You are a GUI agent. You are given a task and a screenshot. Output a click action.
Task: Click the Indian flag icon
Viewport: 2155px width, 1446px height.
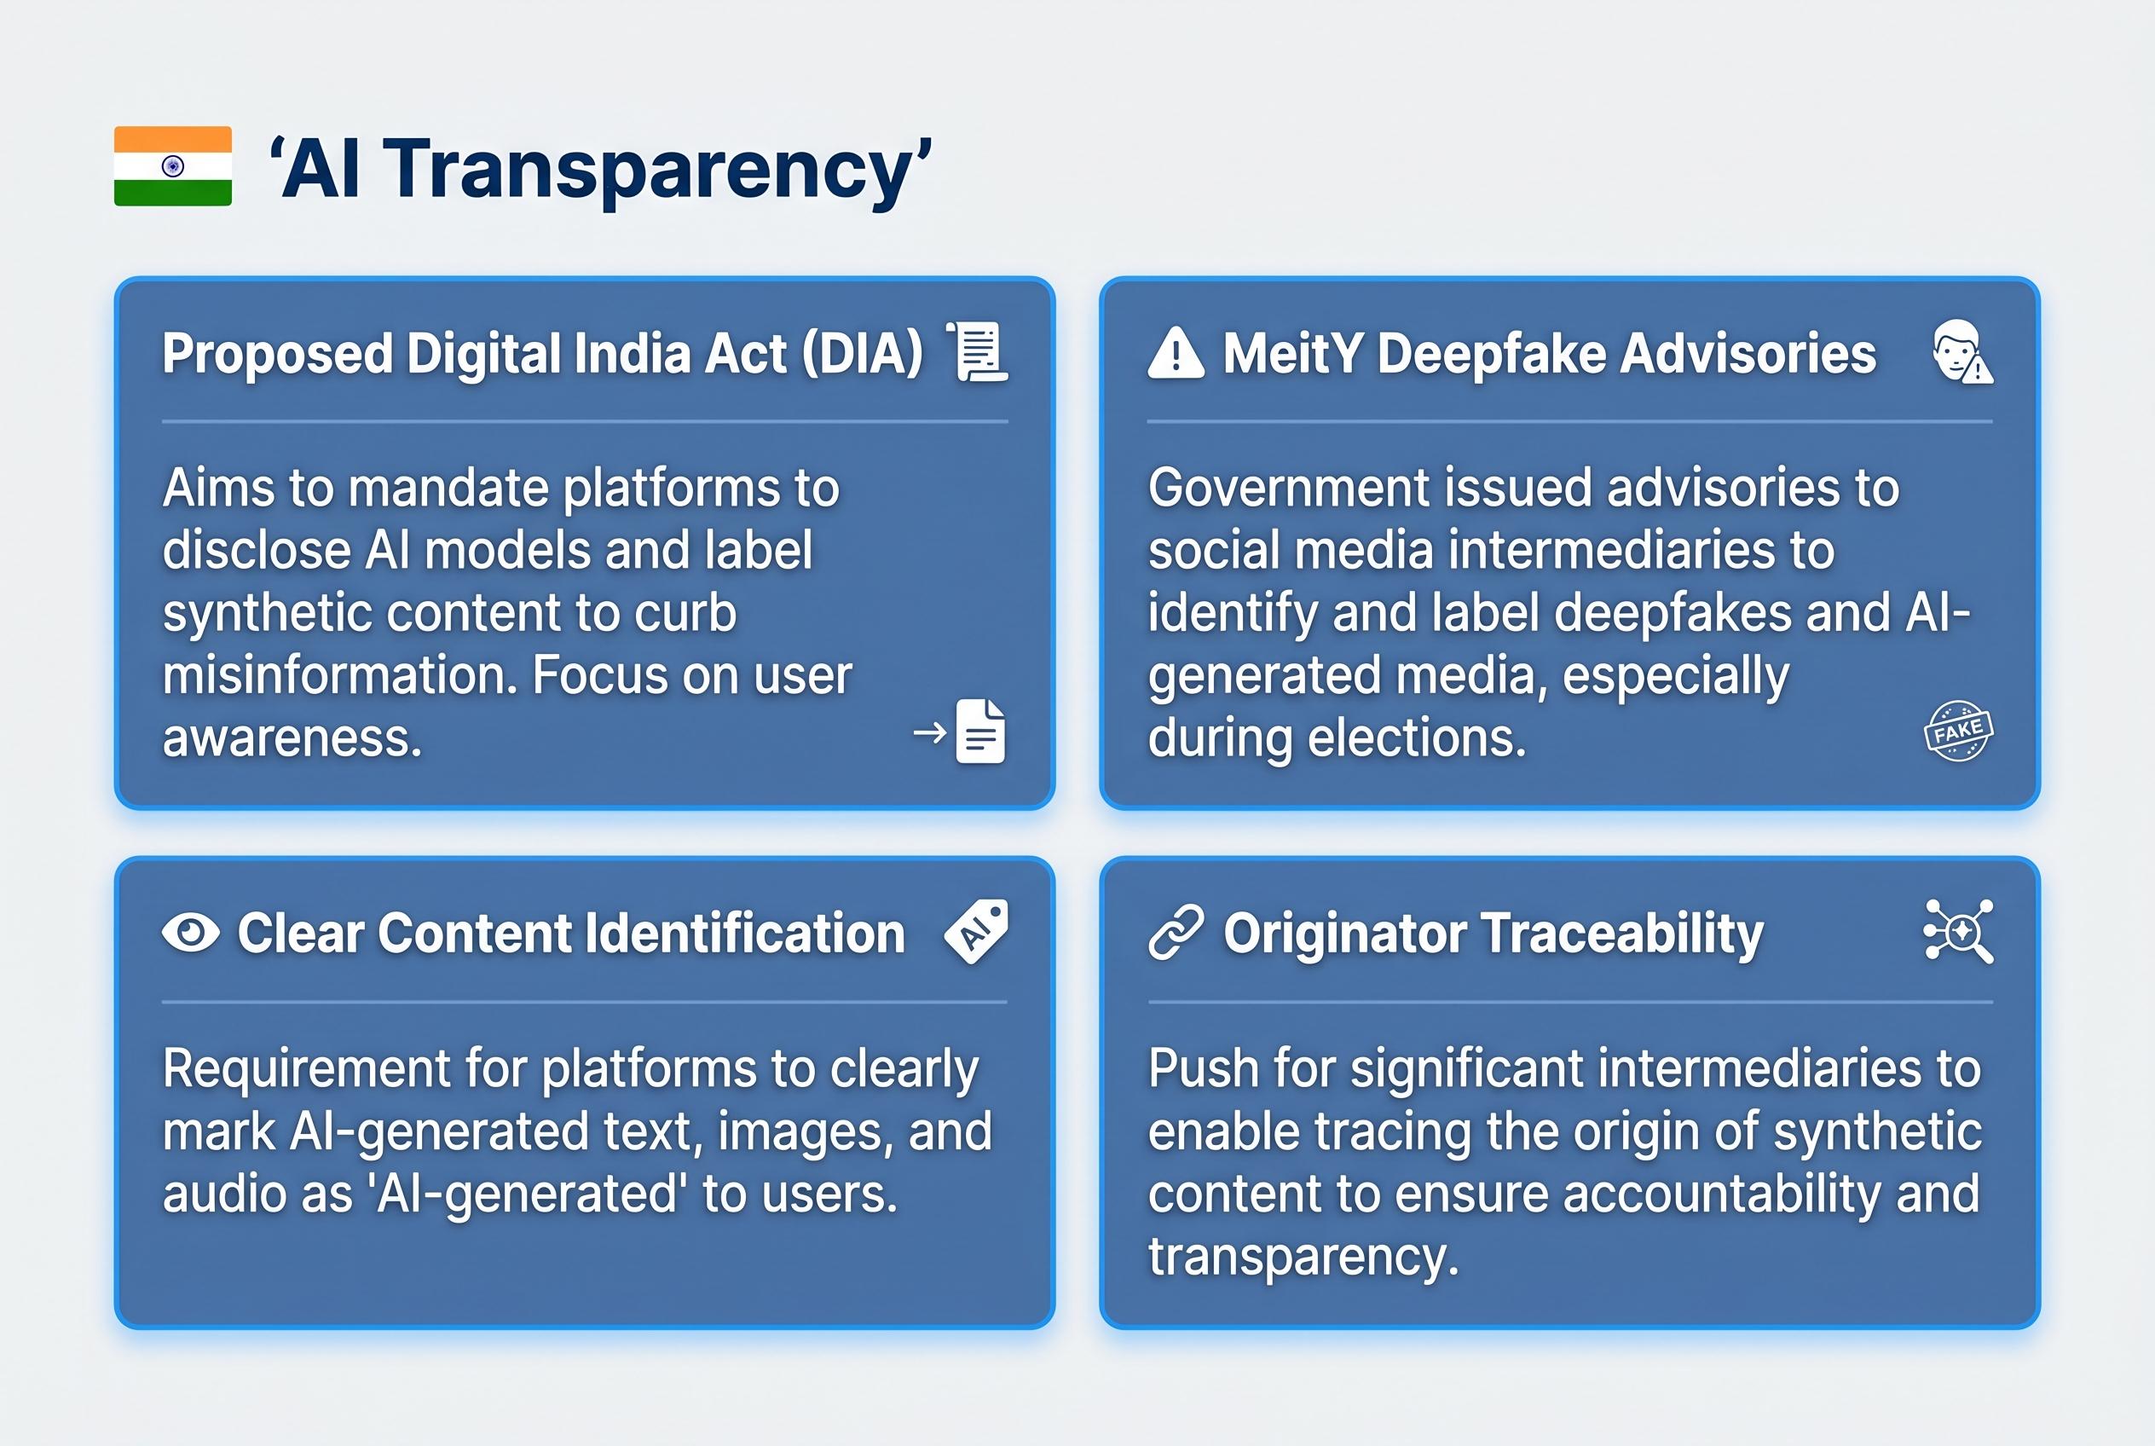tap(172, 166)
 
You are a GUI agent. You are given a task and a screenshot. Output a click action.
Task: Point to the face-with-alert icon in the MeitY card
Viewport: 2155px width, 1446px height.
tap(1961, 352)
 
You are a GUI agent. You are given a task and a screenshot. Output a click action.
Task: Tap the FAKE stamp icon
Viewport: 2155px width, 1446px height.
tap(1958, 732)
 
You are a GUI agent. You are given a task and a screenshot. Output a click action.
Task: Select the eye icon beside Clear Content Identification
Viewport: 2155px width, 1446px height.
tap(191, 933)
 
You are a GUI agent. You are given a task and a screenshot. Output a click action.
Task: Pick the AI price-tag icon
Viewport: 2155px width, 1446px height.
tap(977, 931)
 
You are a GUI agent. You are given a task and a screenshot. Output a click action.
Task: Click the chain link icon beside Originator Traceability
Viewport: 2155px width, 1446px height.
tap(1176, 933)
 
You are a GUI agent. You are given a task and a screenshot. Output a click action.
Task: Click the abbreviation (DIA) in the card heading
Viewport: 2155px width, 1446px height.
tap(863, 354)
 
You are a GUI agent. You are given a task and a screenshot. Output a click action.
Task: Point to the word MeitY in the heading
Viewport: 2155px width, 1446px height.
tap(1293, 354)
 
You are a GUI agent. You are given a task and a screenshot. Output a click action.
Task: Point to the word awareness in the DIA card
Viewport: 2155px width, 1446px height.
tap(292, 738)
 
